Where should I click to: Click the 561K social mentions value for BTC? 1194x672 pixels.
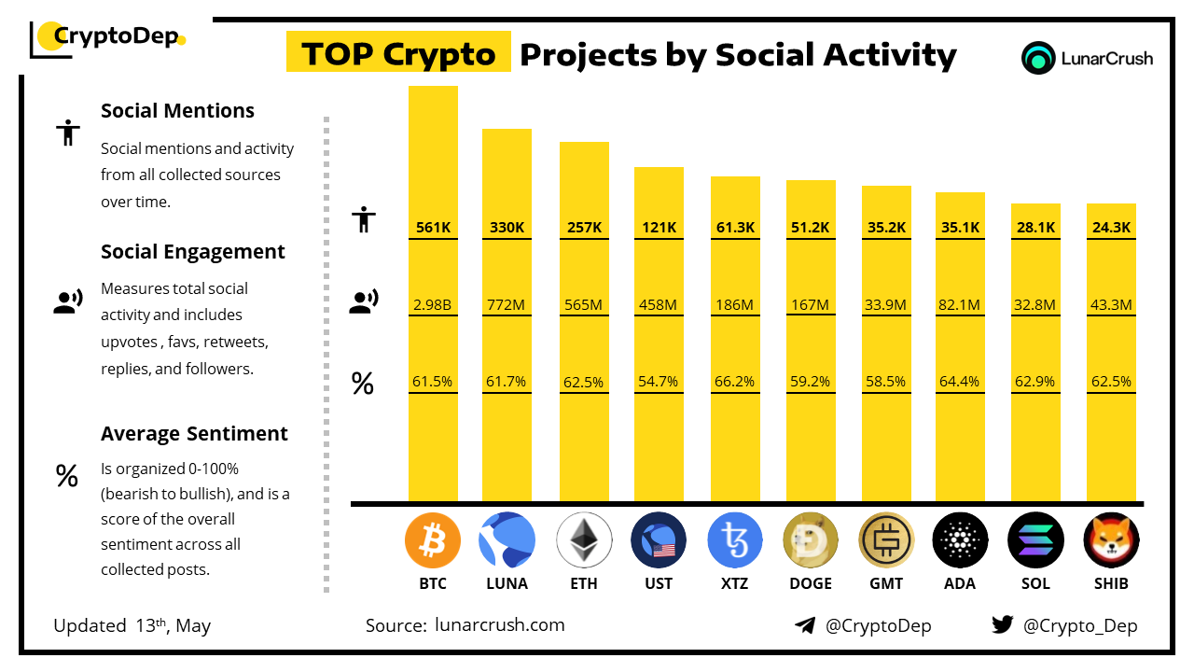click(x=433, y=227)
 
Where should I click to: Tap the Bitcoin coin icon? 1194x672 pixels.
click(x=433, y=540)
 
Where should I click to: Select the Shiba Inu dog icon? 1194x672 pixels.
click(x=1111, y=540)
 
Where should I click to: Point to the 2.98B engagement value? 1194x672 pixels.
click(x=433, y=304)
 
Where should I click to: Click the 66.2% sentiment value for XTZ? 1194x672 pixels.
click(x=735, y=382)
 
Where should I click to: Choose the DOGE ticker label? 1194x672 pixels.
click(x=811, y=583)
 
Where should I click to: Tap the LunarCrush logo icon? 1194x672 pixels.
click(x=1038, y=58)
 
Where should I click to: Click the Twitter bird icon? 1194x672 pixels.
click(x=1002, y=625)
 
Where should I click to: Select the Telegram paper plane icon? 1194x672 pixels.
click(x=805, y=625)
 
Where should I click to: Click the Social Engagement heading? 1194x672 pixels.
click(x=192, y=252)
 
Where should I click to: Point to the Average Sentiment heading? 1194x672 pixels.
click(x=194, y=434)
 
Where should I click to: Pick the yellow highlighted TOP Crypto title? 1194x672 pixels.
click(x=398, y=54)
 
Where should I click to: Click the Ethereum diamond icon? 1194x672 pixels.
click(x=584, y=540)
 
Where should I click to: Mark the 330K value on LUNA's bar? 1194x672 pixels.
click(x=507, y=227)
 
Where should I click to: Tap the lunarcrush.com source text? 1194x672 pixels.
click(x=499, y=625)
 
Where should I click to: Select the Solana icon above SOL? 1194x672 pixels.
click(x=1035, y=540)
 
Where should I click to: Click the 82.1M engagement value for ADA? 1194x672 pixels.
click(x=960, y=304)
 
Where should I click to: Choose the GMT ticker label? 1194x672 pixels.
click(x=886, y=583)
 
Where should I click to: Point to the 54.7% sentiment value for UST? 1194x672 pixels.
click(x=659, y=382)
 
